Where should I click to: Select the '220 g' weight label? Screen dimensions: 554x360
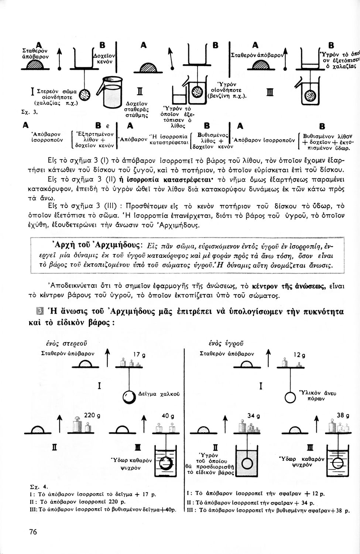tap(92, 415)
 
